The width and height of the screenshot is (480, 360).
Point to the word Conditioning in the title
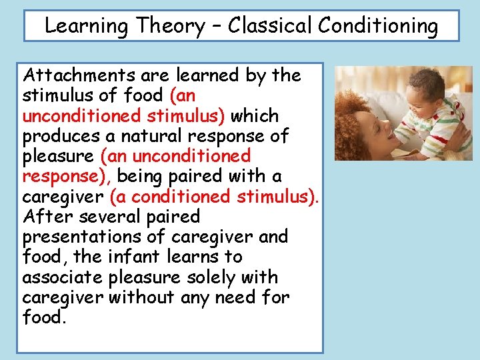pyautogui.click(x=378, y=27)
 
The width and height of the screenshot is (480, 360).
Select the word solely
pyautogui.click(x=209, y=277)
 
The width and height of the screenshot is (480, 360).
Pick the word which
pyautogui.click(x=256, y=116)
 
